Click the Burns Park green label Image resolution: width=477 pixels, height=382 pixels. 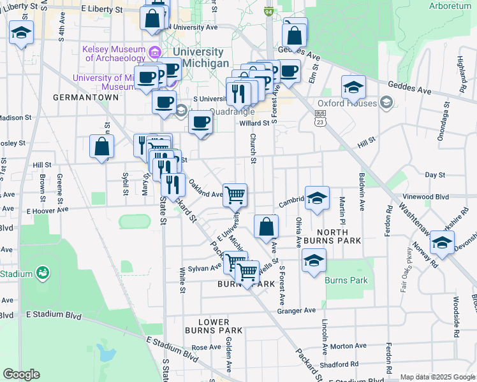point(346,280)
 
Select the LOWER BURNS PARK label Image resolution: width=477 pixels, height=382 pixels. point(214,326)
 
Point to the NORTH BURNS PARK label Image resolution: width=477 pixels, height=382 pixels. point(333,236)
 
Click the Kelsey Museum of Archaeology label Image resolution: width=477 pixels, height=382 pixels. point(112,53)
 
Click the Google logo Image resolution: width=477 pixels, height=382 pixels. point(21,374)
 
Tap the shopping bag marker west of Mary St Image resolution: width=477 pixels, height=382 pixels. point(101,146)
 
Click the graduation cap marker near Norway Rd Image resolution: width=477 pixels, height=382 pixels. point(442,242)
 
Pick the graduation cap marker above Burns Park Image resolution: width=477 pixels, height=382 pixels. point(313,260)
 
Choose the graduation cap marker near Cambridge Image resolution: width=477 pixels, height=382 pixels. point(316,198)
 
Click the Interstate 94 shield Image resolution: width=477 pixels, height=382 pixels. point(269,11)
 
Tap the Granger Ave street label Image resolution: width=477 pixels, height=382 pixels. point(297,311)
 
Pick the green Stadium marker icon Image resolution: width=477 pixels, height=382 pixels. point(43,274)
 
